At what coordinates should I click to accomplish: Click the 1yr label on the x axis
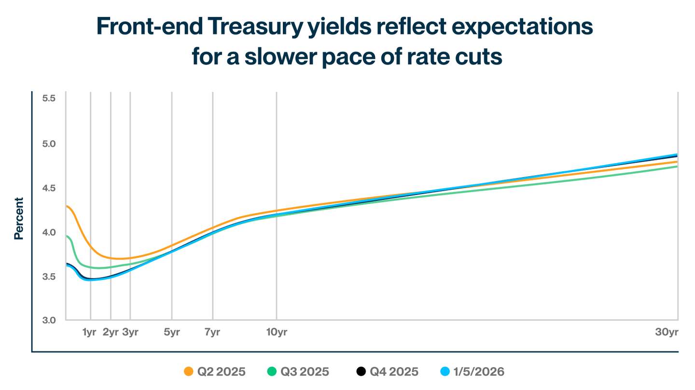[x=90, y=332]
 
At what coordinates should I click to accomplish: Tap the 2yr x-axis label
[x=111, y=332]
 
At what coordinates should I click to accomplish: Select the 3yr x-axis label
[x=130, y=332]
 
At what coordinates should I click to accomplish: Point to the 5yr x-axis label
[x=172, y=332]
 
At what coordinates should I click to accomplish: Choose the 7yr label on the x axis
[x=212, y=332]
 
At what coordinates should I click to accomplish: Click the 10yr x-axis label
[x=276, y=332]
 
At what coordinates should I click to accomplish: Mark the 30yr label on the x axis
[x=666, y=332]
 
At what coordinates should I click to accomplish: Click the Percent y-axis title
[x=19, y=218]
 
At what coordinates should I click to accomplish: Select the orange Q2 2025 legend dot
[x=189, y=372]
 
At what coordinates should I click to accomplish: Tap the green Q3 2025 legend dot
[x=271, y=372]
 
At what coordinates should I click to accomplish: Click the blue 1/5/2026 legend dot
[x=446, y=372]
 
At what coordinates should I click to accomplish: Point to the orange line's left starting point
[x=67, y=207]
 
